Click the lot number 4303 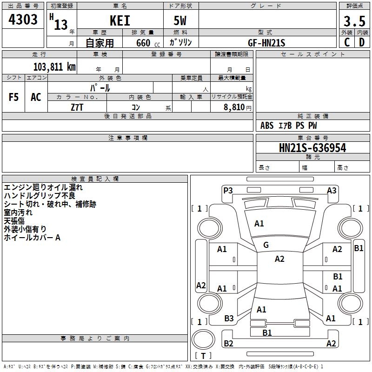pyautogui.click(x=23, y=20)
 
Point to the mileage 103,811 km pyautogui.click(x=54, y=66)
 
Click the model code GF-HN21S pyautogui.click(x=266, y=42)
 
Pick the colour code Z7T pyautogui.click(x=77, y=106)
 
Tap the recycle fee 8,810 pyautogui.click(x=234, y=107)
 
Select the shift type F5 pyautogui.click(x=13, y=97)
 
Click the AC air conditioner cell pyautogui.click(x=36, y=97)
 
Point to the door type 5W pyautogui.click(x=180, y=21)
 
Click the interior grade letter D pyautogui.click(x=361, y=42)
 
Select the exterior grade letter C pyautogui.click(x=346, y=42)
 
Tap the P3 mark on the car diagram pyautogui.click(x=228, y=190)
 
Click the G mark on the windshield pyautogui.click(x=266, y=245)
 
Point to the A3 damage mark pyautogui.click(x=332, y=190)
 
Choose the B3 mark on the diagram pyautogui.click(x=229, y=319)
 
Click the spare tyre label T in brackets pyautogui.click(x=203, y=356)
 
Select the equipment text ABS pyautogui.click(x=267, y=126)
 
